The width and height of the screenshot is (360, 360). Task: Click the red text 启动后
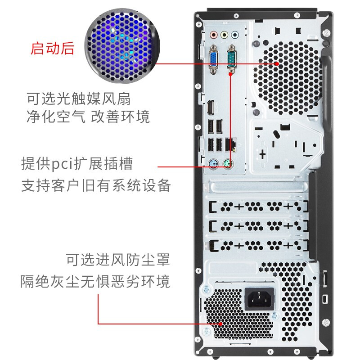tap(52, 48)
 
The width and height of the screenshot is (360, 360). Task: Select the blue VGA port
tap(213, 60)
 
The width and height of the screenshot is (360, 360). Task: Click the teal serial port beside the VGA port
tap(232, 58)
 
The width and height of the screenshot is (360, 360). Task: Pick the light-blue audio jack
tap(234, 34)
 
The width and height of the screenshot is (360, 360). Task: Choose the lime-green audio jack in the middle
tap(224, 34)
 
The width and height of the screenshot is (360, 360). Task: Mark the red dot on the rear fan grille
tap(277, 64)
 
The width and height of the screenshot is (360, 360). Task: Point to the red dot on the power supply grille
tap(221, 324)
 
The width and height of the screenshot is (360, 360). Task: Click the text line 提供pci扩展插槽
tap(77, 163)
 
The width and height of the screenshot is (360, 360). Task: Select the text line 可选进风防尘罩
tap(118, 260)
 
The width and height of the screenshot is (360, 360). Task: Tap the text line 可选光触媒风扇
tap(79, 98)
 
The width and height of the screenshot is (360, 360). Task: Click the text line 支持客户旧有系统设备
tap(96, 185)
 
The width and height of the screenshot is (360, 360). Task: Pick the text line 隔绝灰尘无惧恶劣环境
tap(95, 281)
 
